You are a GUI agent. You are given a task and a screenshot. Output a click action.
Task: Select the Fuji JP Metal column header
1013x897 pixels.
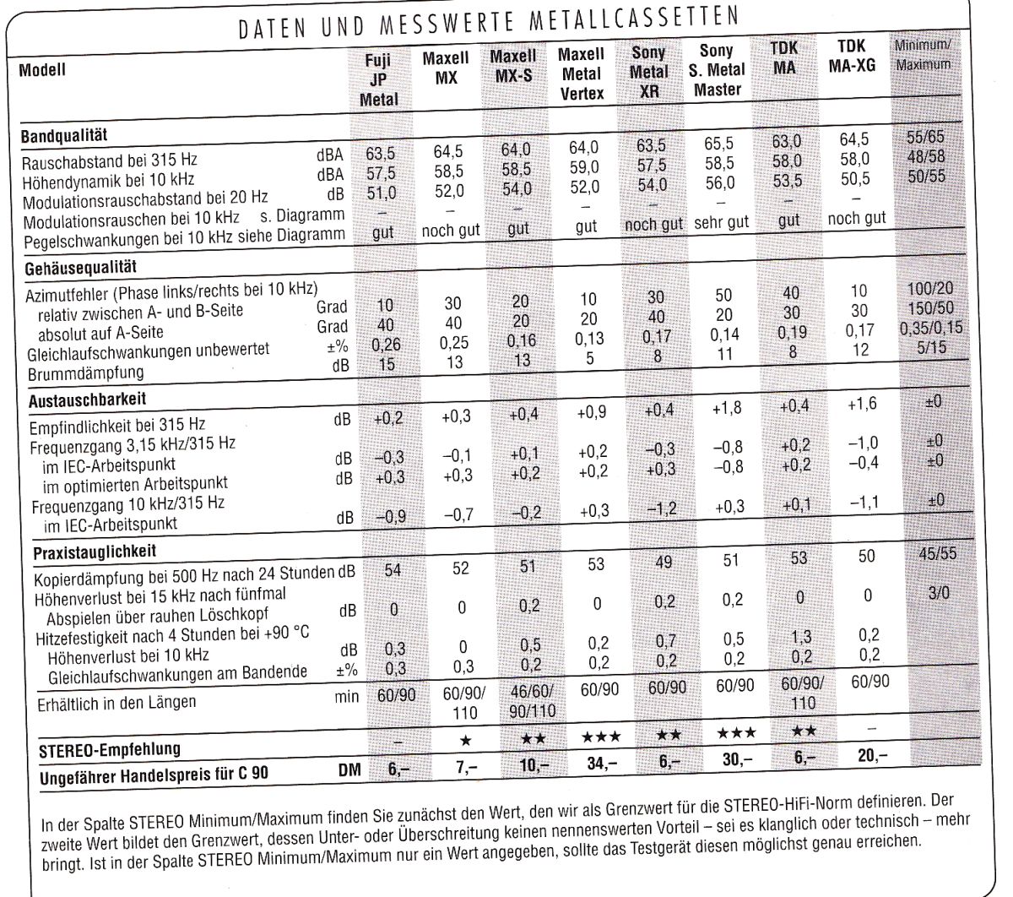point(379,80)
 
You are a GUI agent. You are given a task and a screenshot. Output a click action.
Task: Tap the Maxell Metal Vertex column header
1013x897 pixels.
point(582,74)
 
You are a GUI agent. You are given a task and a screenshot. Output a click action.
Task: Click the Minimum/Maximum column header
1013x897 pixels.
point(922,53)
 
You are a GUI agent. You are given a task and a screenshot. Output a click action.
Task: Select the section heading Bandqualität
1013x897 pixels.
point(63,135)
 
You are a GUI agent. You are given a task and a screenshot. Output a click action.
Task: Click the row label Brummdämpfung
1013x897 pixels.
point(85,372)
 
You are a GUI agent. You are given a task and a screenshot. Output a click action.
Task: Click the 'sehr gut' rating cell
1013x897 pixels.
point(721,223)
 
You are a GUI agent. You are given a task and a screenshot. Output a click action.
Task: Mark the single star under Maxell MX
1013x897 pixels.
point(465,740)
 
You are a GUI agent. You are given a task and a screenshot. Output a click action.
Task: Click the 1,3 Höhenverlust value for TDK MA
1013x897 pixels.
point(788,639)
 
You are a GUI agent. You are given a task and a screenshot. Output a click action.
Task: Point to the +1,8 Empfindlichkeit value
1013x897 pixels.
point(724,408)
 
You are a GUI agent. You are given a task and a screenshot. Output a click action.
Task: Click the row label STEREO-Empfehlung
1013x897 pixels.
point(110,749)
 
